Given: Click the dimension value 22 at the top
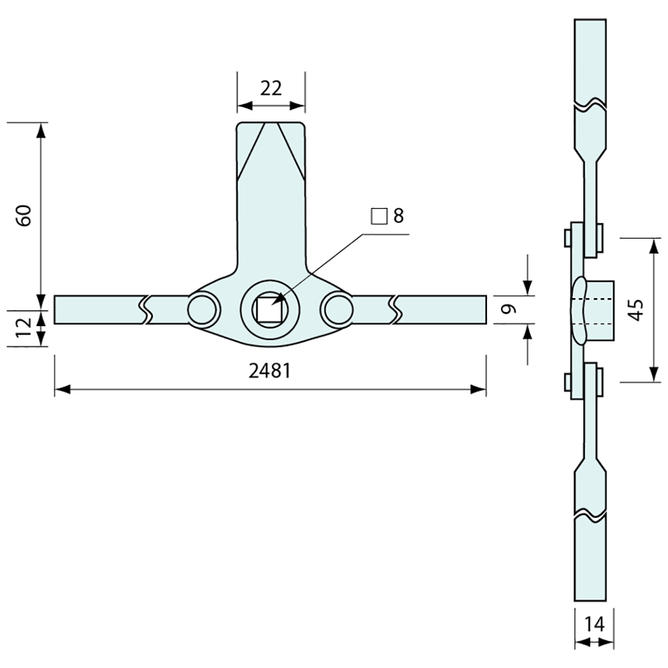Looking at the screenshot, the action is coord(271,89).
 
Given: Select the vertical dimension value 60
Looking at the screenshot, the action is coord(25,216).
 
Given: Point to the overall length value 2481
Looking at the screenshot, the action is coord(270,370).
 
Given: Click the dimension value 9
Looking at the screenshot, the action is coord(509,309).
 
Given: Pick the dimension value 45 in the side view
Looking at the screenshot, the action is coord(636,310).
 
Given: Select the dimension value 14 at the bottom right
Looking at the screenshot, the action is coord(594,624).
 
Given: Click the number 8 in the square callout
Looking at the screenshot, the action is coord(398,216).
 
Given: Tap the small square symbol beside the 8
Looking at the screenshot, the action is coord(379,216).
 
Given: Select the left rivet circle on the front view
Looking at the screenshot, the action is coord(203,309).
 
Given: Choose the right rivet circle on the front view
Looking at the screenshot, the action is coord(338,309).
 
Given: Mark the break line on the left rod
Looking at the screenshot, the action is coord(146,309).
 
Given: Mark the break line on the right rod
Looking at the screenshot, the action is coord(395,309).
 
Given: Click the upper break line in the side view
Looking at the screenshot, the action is coord(590,104).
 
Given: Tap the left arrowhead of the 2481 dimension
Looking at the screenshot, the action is coord(62,389).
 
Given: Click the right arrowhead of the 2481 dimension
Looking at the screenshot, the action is coord(479,389).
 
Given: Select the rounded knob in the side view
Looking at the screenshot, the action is coord(579,309).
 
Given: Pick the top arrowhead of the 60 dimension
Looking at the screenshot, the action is coord(41,131).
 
